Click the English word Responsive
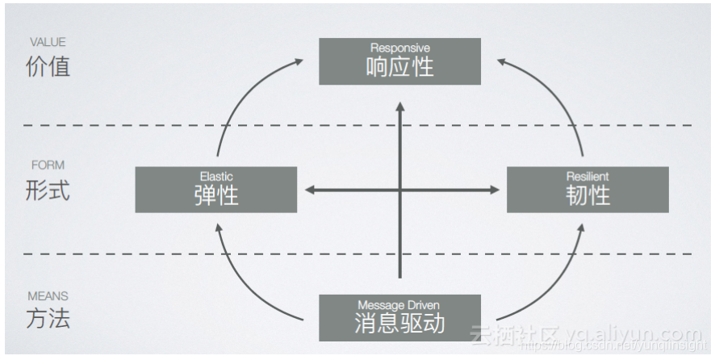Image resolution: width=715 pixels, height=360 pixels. pyautogui.click(x=399, y=48)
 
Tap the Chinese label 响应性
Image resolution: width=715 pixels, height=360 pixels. pyautogui.click(x=399, y=66)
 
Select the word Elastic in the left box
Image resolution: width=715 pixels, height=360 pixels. pyautogui.click(x=216, y=176)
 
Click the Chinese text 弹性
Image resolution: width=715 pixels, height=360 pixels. pyautogui.click(x=216, y=195)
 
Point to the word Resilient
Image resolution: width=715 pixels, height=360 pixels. pyautogui.click(x=587, y=176)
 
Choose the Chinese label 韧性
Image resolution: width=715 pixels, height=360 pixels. pyautogui.click(x=587, y=195)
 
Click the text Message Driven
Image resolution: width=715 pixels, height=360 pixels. pyautogui.click(x=399, y=305)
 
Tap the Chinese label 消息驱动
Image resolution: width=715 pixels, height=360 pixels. pyautogui.click(x=399, y=324)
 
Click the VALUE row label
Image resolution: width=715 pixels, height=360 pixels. pyautogui.click(x=48, y=42)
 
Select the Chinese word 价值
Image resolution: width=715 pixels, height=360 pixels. pyautogui.click(x=48, y=66)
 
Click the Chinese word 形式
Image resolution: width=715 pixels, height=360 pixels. pyautogui.click(x=48, y=190)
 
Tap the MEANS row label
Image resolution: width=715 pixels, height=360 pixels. pyautogui.click(x=48, y=295)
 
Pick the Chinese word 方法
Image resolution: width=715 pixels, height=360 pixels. pyautogui.click(x=48, y=318)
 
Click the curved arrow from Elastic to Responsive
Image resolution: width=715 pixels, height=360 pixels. pyautogui.click(x=242, y=89)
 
